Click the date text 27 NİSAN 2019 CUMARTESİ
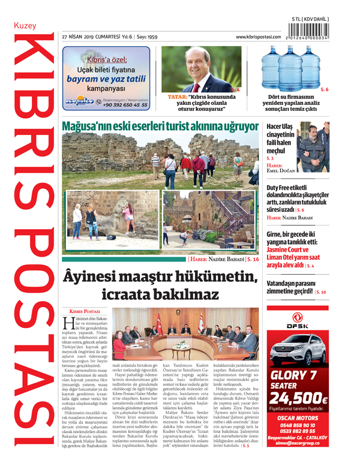[89, 37]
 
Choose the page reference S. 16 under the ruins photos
[252, 260]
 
